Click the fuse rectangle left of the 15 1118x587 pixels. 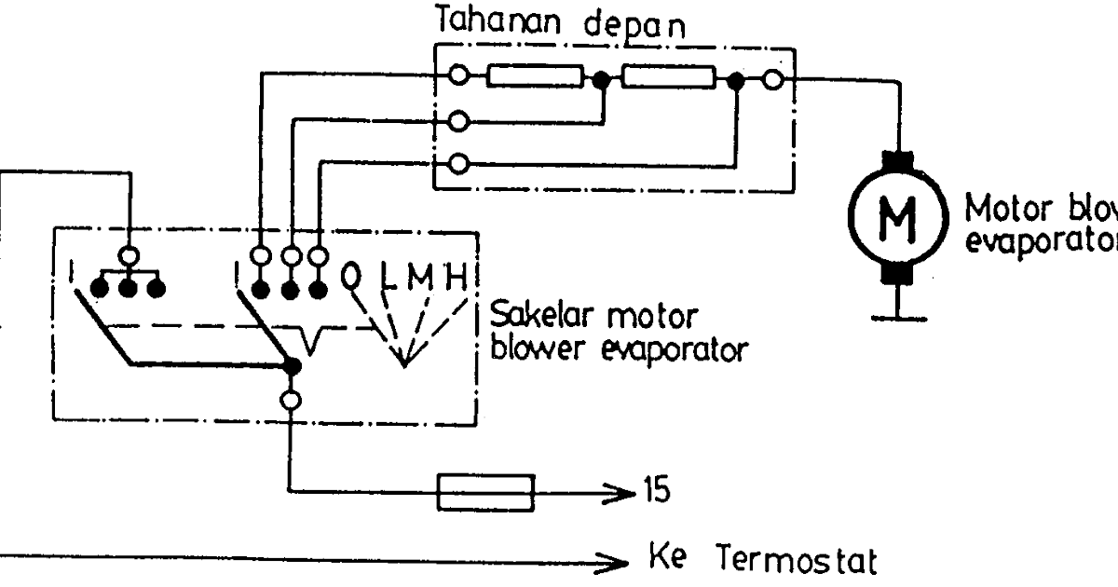click(486, 490)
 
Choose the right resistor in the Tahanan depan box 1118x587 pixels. click(669, 78)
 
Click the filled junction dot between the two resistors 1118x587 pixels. click(603, 81)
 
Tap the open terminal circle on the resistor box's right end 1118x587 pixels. click(772, 81)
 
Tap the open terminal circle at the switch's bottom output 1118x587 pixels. click(292, 401)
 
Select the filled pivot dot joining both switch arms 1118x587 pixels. click(292, 365)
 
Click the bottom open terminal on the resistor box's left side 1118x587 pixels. click(457, 165)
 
